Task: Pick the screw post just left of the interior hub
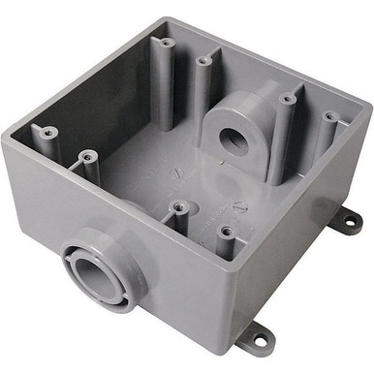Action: coord(203,63)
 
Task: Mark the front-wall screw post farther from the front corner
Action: coord(180,205)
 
